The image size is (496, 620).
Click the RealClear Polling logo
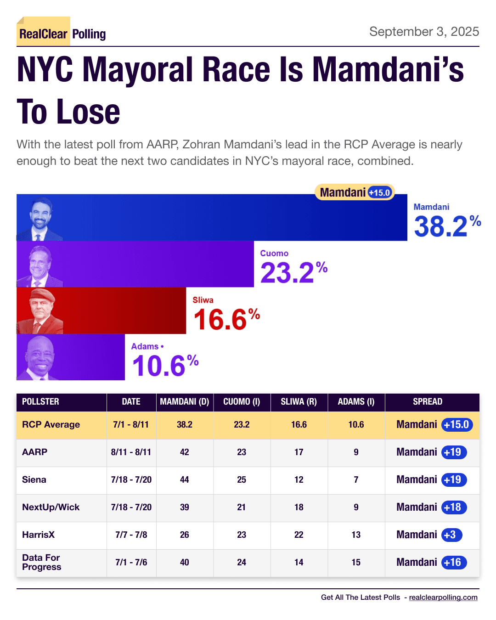[x=62, y=34]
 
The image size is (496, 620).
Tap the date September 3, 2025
[x=424, y=32]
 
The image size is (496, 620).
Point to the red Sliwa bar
[x=124, y=310]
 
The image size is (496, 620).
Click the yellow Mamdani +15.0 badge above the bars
[x=355, y=192]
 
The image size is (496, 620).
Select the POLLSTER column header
[x=40, y=402]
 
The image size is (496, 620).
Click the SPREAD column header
[x=427, y=402]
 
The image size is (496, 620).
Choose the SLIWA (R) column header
[x=299, y=402]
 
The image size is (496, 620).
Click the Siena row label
[x=34, y=480]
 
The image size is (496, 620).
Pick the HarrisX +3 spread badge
[x=451, y=535]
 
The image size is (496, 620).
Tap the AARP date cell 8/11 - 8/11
[x=131, y=452]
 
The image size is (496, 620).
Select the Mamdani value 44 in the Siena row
[x=184, y=480]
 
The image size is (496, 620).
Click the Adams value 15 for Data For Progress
[x=356, y=563]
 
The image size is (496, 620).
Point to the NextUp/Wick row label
[x=51, y=507]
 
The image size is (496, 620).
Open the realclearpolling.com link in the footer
[x=443, y=597]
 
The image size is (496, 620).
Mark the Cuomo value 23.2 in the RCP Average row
[x=242, y=425]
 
